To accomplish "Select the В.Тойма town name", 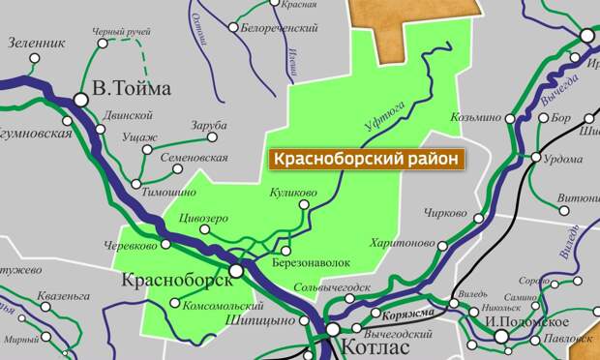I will (131, 89).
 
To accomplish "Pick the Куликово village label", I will (294, 194).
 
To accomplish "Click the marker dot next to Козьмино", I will (509, 118).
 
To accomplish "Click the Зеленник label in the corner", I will (36, 43).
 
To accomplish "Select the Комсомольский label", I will (222, 304).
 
